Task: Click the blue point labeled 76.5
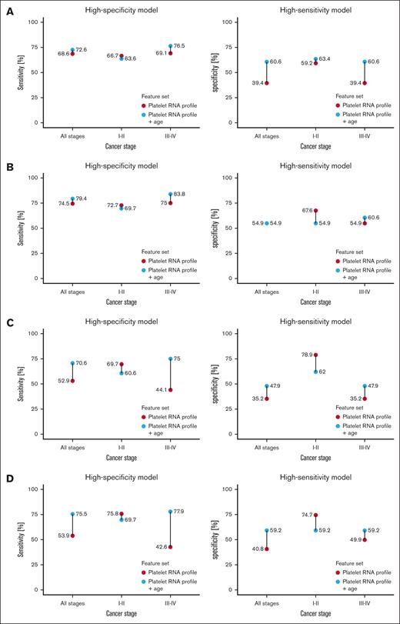click(170, 45)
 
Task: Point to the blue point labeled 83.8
click(170, 194)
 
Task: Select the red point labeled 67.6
click(315, 210)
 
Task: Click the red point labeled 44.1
click(170, 389)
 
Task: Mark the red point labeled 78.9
click(315, 355)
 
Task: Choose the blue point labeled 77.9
click(170, 511)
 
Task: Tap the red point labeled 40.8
click(267, 549)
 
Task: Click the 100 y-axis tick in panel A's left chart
click(32, 22)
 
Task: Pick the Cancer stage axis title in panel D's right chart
click(315, 613)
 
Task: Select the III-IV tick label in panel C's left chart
click(170, 445)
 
